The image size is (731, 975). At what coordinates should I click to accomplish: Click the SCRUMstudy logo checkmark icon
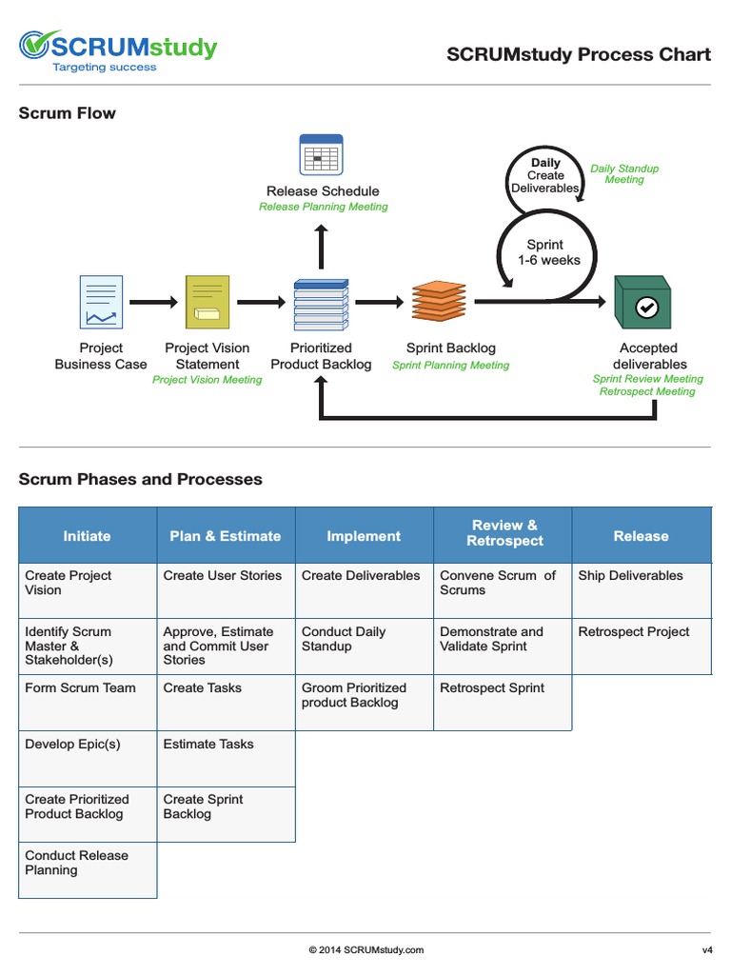pos(35,47)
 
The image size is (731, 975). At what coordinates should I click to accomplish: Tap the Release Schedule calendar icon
pos(321,153)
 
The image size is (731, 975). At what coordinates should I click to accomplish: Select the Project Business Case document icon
pos(101,301)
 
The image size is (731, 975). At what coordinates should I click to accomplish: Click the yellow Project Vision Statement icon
pos(207,301)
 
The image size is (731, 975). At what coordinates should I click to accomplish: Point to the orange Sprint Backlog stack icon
pos(439,301)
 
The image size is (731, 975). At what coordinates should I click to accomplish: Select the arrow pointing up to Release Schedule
pos(321,247)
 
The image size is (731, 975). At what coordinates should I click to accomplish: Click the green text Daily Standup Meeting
pos(624,174)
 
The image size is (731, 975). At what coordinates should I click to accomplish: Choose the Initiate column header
pos(87,536)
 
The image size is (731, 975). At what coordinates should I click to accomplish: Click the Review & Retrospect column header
pos(504,533)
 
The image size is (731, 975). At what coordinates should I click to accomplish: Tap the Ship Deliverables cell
pos(630,576)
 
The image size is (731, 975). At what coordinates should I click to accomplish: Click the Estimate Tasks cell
pos(208,745)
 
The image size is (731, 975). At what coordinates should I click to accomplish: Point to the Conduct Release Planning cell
pos(76,863)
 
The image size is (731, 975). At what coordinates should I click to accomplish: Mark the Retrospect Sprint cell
pos(492,688)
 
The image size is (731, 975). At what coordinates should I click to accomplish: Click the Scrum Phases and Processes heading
pos(141,480)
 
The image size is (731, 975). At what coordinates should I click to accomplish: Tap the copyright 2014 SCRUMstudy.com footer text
pos(366,949)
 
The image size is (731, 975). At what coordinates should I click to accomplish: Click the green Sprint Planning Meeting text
pos(450,366)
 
